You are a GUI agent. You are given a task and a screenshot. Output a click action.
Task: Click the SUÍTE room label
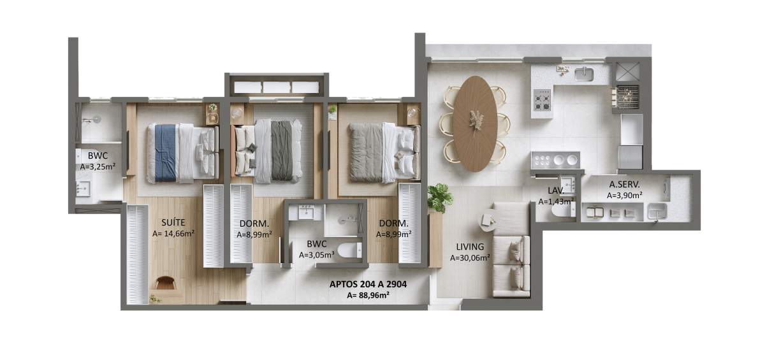click(x=173, y=222)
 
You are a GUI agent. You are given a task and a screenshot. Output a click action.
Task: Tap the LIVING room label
click(x=470, y=247)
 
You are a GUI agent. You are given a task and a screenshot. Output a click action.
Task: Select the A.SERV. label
click(x=624, y=184)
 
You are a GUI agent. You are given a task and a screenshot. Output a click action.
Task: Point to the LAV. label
click(x=556, y=191)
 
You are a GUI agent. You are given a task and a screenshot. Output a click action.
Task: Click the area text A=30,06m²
click(x=470, y=258)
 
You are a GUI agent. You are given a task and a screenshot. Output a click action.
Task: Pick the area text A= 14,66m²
click(x=173, y=234)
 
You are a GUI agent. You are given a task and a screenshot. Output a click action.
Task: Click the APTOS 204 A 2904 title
click(x=368, y=284)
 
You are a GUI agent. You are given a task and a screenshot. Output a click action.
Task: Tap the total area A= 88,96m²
click(x=368, y=296)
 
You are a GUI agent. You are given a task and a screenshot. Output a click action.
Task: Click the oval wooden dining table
click(x=475, y=124)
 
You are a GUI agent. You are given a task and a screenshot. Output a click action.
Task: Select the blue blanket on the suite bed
click(x=165, y=152)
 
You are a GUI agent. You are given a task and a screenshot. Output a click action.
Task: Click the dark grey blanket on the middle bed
click(x=282, y=150)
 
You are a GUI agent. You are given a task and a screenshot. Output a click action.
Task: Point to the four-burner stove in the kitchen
click(x=542, y=99)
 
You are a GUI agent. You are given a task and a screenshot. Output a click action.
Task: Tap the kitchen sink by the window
click(x=584, y=74)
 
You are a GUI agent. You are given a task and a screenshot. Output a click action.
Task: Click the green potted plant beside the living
click(x=440, y=198)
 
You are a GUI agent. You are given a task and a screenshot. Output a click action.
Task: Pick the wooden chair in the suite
click(x=165, y=284)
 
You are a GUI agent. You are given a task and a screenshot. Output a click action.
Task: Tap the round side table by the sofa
click(x=486, y=220)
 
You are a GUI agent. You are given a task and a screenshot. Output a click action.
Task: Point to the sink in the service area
click(x=657, y=212)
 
